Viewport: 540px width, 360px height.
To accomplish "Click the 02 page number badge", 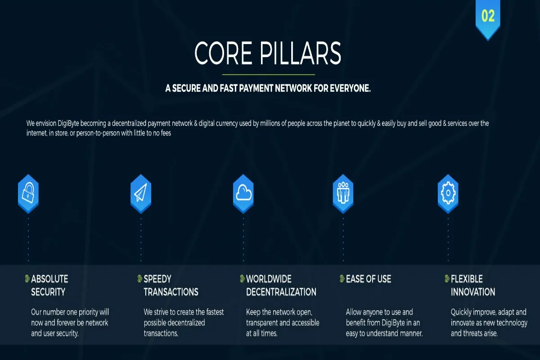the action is [x=488, y=18].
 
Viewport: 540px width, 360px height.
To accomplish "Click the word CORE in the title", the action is [x=223, y=53].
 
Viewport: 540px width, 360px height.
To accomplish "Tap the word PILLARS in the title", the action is [x=301, y=53].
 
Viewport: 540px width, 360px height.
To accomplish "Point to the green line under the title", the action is [x=269, y=75].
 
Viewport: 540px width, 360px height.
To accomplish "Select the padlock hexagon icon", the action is [x=28, y=193].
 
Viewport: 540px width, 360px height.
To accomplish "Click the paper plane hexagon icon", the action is [x=141, y=193].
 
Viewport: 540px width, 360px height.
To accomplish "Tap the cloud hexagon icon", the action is [x=243, y=193].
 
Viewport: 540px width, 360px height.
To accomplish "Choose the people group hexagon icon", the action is [x=343, y=193].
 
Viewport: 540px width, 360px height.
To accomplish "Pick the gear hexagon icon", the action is [x=448, y=193].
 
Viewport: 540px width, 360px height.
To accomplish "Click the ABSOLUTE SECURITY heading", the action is [x=49, y=285].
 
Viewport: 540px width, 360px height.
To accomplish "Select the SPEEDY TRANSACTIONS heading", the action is [x=171, y=285].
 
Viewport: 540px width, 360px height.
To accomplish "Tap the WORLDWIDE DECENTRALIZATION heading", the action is [x=281, y=285].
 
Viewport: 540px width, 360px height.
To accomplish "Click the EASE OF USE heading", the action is [x=369, y=279].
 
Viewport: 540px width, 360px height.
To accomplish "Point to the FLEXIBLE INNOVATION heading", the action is [x=473, y=285].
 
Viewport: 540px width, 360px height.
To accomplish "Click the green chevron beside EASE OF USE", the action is [x=342, y=279].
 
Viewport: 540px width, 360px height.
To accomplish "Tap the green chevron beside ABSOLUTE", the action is [x=27, y=279].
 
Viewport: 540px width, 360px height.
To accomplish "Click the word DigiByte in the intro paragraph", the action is [x=68, y=123].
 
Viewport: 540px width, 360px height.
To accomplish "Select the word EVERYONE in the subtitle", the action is [x=350, y=89].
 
